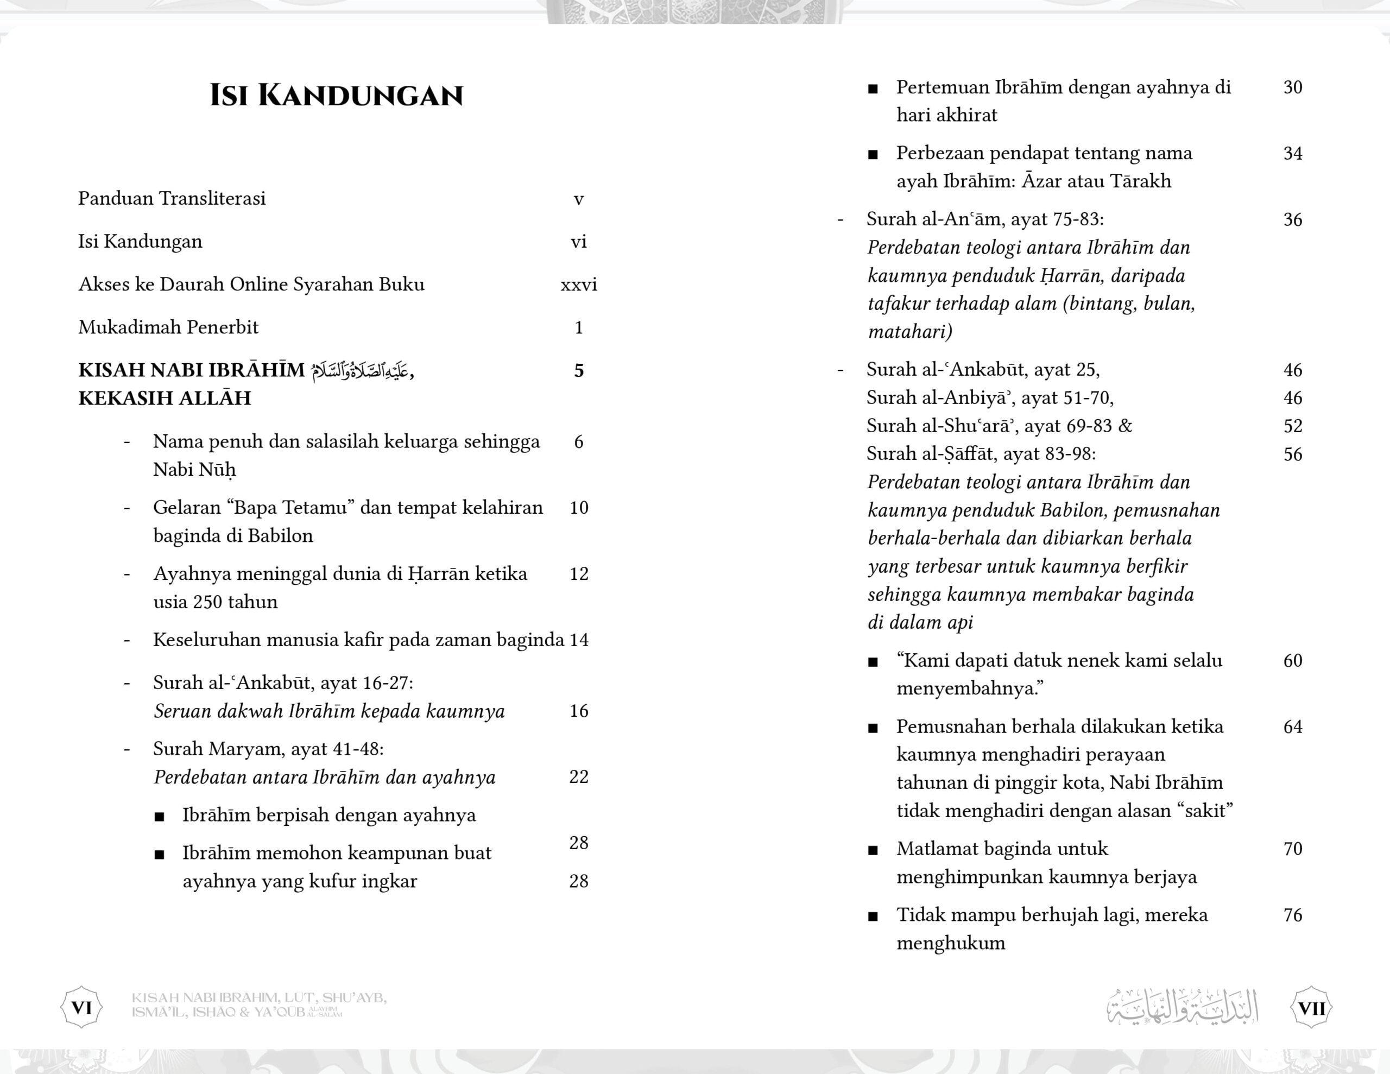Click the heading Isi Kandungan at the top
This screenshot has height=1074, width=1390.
[336, 96]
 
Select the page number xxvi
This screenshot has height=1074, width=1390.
[578, 285]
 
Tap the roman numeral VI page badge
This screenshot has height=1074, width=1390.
[81, 1008]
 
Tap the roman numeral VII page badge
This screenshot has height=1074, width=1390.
[1312, 1008]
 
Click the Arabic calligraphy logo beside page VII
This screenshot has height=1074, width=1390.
[1183, 1007]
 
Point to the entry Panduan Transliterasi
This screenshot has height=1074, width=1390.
[172, 199]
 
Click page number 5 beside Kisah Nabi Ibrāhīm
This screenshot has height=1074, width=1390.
[578, 370]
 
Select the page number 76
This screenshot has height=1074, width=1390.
[1293, 915]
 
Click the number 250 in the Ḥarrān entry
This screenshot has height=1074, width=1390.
[207, 602]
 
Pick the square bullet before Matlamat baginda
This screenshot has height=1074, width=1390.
[873, 850]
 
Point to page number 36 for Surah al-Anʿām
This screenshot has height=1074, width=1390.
[1293, 220]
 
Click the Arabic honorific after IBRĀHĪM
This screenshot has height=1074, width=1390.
[359, 370]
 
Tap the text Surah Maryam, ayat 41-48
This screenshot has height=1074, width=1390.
[268, 749]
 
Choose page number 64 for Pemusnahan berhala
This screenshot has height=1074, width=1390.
[1293, 726]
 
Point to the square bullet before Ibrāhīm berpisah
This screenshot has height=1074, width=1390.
[160, 817]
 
